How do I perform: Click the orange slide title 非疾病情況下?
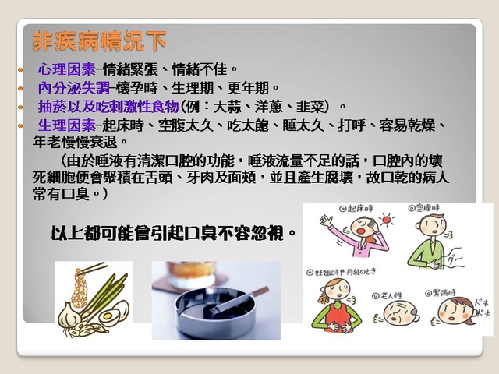tap(99, 41)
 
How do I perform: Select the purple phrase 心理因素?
tap(67, 69)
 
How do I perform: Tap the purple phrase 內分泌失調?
tap(74, 88)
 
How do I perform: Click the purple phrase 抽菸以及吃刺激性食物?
tap(108, 107)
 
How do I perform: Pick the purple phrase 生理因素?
tap(67, 125)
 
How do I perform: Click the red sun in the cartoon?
tap(387, 220)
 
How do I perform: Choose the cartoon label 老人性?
tap(388, 296)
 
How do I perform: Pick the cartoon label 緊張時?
tap(441, 293)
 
